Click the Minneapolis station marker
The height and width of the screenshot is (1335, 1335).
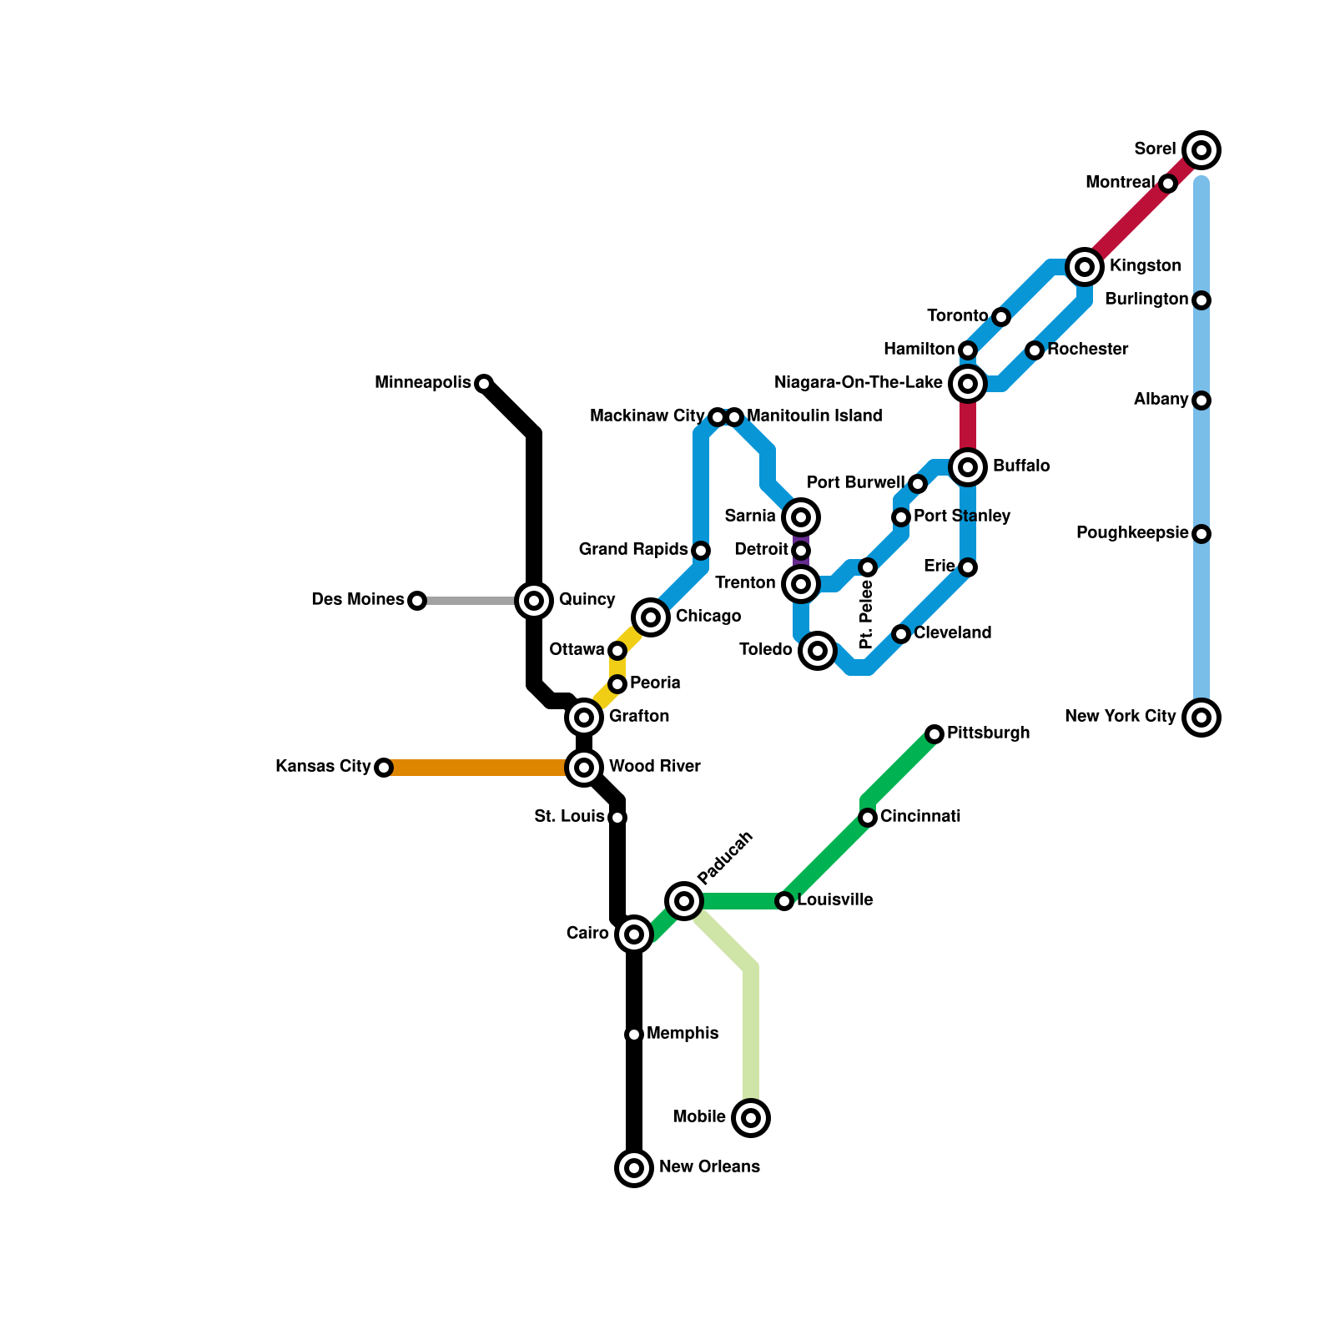tap(484, 384)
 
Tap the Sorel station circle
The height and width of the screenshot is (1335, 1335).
tap(1201, 150)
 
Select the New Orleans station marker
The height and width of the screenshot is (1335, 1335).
tap(634, 1167)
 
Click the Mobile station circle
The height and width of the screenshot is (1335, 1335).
tap(751, 1117)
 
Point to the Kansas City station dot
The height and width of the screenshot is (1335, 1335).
tap(384, 768)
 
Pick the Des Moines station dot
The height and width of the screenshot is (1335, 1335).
tap(417, 601)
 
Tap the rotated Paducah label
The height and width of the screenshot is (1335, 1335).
tap(725, 858)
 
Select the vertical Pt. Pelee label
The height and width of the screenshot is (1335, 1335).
tap(866, 615)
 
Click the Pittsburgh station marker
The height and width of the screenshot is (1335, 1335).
tap(934, 734)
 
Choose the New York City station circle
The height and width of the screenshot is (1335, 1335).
tap(1201, 718)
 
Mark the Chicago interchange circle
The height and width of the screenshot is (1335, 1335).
tap(651, 617)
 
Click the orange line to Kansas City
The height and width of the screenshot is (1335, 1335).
tap(476, 768)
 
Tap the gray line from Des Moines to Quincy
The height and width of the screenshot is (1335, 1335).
tap(467, 601)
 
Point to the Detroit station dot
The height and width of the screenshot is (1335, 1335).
tap(801, 551)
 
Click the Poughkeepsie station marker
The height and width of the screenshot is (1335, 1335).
tap(1201, 534)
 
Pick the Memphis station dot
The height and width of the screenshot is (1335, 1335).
tap(634, 1035)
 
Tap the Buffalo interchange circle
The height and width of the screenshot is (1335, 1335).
tap(968, 467)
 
